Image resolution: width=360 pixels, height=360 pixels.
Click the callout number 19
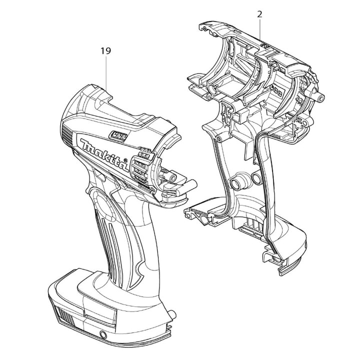pyautogui.click(x=105, y=51)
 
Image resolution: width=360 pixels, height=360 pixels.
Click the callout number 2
pyautogui.click(x=259, y=14)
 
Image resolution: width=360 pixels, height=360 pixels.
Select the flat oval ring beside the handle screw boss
pyautogui.click(x=256, y=178)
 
